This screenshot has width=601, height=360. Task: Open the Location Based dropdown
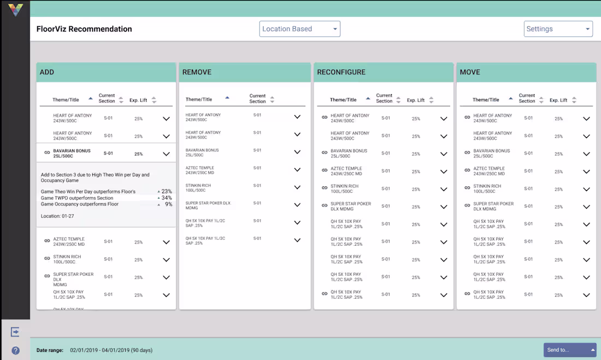tap(299, 29)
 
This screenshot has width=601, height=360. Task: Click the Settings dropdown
tap(558, 29)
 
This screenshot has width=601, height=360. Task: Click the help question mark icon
tap(15, 351)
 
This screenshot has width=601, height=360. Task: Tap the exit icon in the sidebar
tap(15, 332)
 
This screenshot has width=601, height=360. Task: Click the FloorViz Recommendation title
tap(84, 29)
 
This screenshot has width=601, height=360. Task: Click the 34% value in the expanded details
tap(167, 198)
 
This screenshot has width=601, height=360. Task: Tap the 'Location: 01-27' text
tap(57, 216)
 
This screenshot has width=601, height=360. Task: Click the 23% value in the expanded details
tap(167, 192)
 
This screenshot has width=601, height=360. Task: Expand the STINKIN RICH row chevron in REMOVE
tap(297, 187)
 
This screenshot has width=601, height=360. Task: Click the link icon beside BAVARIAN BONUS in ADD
tap(47, 153)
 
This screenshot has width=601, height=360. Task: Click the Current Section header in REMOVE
tap(257, 98)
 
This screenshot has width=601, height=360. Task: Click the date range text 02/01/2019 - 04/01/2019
tap(111, 350)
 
